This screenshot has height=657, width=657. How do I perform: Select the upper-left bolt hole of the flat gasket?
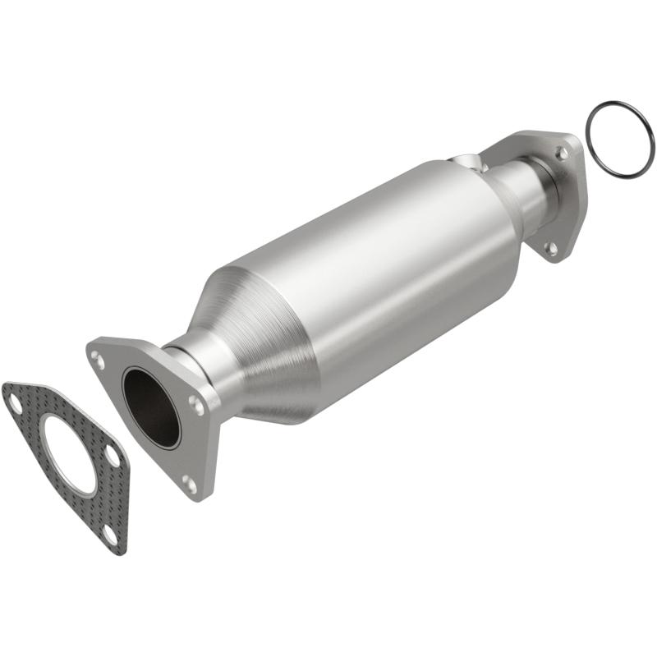(14, 402)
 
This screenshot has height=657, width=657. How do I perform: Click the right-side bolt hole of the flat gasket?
(112, 454)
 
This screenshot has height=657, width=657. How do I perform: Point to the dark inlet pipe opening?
(150, 407)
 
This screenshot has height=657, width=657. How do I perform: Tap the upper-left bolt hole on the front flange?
(98, 358)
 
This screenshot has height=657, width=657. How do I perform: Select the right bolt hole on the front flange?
(195, 403)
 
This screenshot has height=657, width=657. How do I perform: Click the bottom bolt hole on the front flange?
(190, 484)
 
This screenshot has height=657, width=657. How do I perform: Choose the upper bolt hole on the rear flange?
(562, 153)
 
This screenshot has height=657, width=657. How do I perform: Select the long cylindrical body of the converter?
(370, 271)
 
